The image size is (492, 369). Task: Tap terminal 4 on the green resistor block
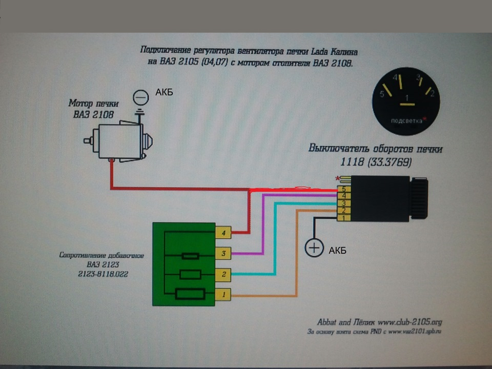tap(223, 232)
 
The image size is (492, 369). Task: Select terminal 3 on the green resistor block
tap(223, 253)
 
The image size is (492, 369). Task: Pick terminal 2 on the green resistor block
tap(223, 274)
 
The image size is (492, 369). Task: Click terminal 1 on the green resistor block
tap(223, 295)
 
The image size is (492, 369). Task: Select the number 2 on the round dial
tap(432, 93)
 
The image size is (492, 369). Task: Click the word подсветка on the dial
tap(406, 121)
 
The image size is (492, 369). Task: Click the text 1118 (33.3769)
tap(375, 161)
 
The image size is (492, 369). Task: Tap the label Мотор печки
tap(91, 104)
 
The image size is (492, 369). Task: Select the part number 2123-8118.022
tap(100, 274)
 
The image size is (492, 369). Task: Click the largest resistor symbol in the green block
tap(190, 294)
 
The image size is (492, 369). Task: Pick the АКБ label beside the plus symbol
tap(337, 251)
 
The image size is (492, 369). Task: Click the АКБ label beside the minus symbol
tap(164, 92)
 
